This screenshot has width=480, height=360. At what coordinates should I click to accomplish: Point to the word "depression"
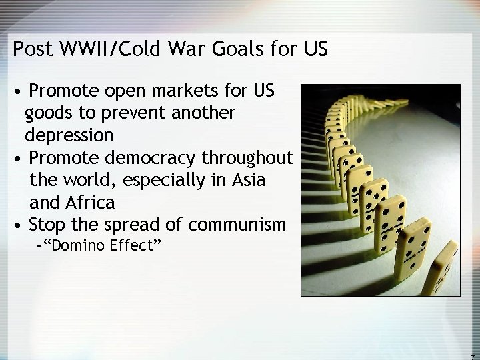coord(69,135)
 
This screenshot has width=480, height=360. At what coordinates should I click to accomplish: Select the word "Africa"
coord(91,201)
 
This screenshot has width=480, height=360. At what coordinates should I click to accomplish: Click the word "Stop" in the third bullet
coord(45,224)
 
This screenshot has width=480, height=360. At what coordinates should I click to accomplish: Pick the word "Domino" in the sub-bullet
coord(75,245)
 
